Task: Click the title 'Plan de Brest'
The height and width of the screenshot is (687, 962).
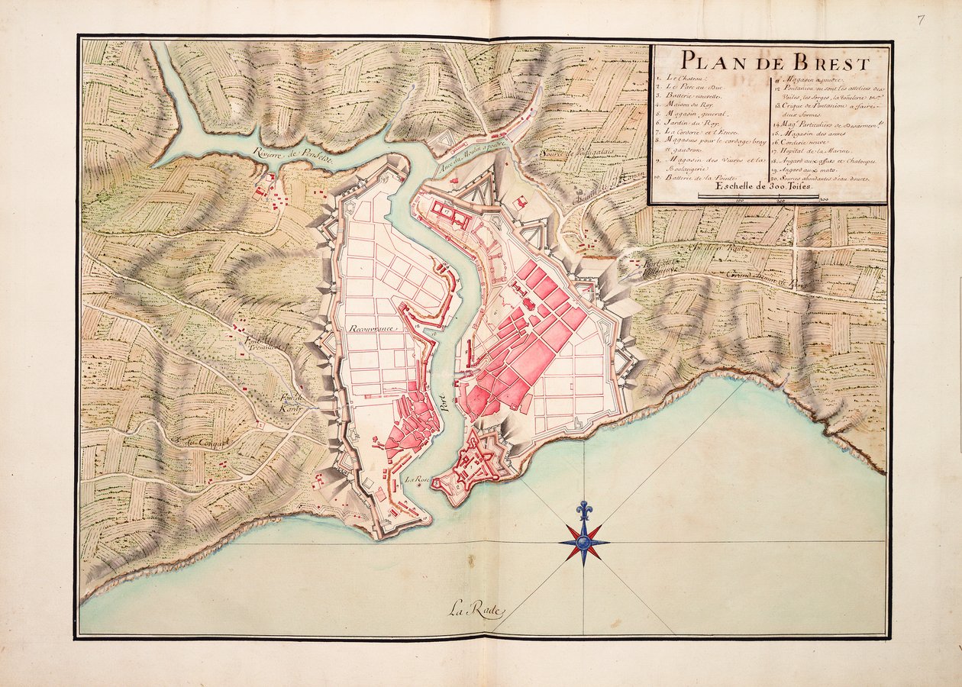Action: click(x=774, y=61)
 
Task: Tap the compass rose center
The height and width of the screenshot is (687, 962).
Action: click(x=584, y=543)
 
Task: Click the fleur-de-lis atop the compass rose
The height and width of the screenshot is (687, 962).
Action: click(x=584, y=509)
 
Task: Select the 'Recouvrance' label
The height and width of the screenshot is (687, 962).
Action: click(x=375, y=327)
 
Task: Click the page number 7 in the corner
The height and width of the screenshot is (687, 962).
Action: click(x=922, y=21)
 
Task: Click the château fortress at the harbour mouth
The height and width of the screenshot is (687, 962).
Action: click(x=477, y=462)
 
